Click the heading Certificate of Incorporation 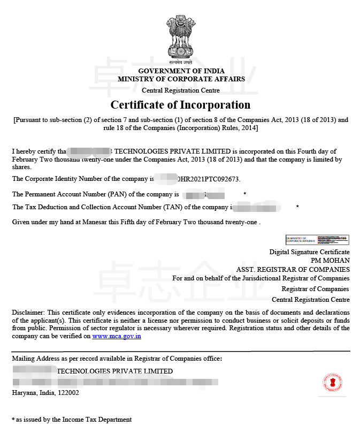tap(180, 104)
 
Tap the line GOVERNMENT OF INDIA tap(181, 71)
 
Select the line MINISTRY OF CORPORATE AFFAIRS tap(181, 79)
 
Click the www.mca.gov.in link tap(117, 336)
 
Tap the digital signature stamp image tap(317, 239)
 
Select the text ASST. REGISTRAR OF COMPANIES tap(293, 269)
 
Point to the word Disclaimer tap(28, 312)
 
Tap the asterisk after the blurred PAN tap(244, 194)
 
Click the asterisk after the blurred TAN tap(297, 207)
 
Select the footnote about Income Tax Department tap(72, 420)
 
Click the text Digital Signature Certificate tap(309, 252)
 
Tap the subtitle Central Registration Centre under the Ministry tap(181, 90)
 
